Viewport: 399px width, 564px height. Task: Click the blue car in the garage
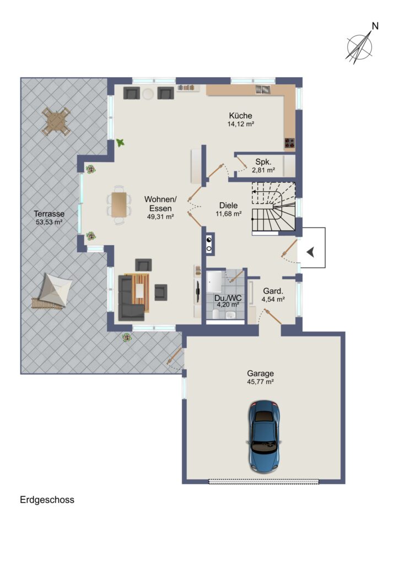(264, 436)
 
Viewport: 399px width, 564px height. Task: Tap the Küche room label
(240, 116)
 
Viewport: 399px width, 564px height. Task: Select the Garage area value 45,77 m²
(261, 382)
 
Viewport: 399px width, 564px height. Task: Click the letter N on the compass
(375, 26)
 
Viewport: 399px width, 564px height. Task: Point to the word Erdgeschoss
(47, 500)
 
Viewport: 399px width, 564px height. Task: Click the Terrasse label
(49, 214)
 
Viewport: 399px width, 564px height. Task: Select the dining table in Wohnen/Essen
(118, 205)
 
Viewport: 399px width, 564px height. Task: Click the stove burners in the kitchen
(290, 143)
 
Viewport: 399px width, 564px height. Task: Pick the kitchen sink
(263, 89)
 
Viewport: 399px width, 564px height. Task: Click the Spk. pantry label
(263, 162)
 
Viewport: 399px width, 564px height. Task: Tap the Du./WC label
(228, 298)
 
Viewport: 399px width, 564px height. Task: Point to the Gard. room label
(273, 291)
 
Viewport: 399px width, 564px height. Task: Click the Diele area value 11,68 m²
(229, 214)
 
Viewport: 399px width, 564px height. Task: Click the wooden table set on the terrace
(56, 122)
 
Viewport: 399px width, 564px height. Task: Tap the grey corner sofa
(131, 298)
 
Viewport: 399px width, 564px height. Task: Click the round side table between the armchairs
(148, 94)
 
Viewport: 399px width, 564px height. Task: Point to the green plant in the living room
(120, 143)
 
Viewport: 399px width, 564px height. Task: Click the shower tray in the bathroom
(214, 281)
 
